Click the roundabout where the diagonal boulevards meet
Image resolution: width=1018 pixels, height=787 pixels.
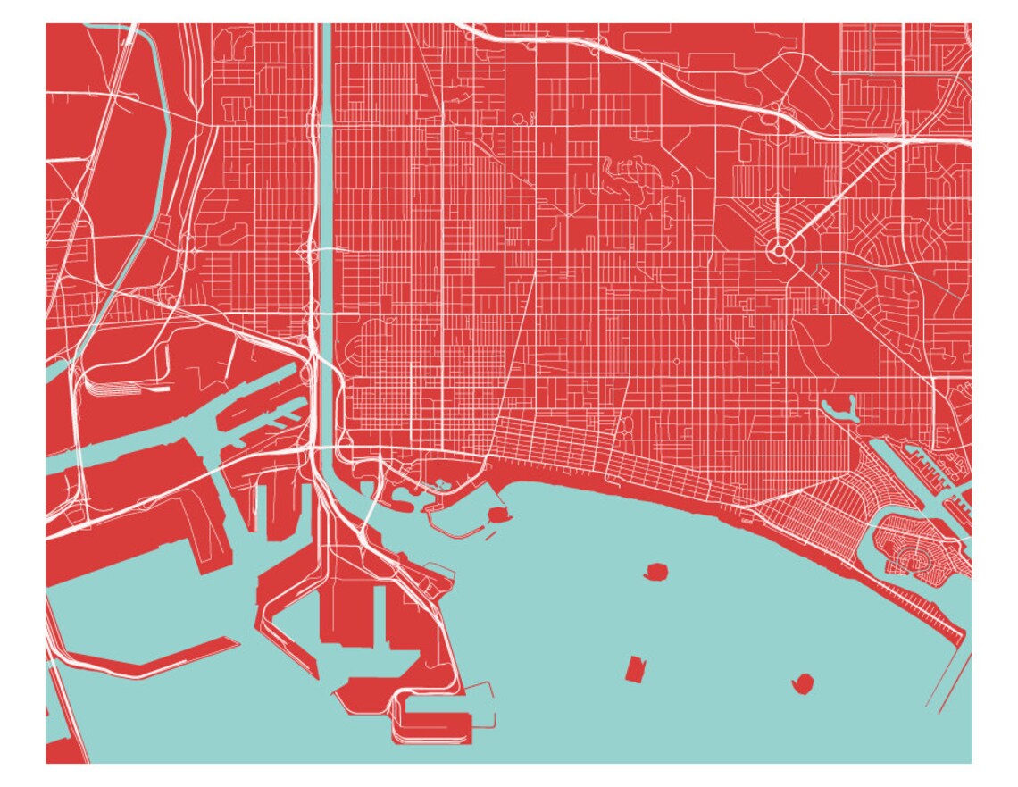click(x=778, y=252)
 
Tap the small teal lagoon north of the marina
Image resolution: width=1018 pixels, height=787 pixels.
click(x=840, y=410)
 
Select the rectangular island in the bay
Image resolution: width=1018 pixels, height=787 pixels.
click(x=635, y=669)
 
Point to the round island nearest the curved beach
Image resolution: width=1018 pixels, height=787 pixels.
click(x=656, y=571)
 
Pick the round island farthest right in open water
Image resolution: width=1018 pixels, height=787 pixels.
click(x=802, y=684)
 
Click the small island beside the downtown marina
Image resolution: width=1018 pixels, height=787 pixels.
click(x=497, y=515)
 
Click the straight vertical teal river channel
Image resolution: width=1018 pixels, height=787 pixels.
click(x=326, y=223)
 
